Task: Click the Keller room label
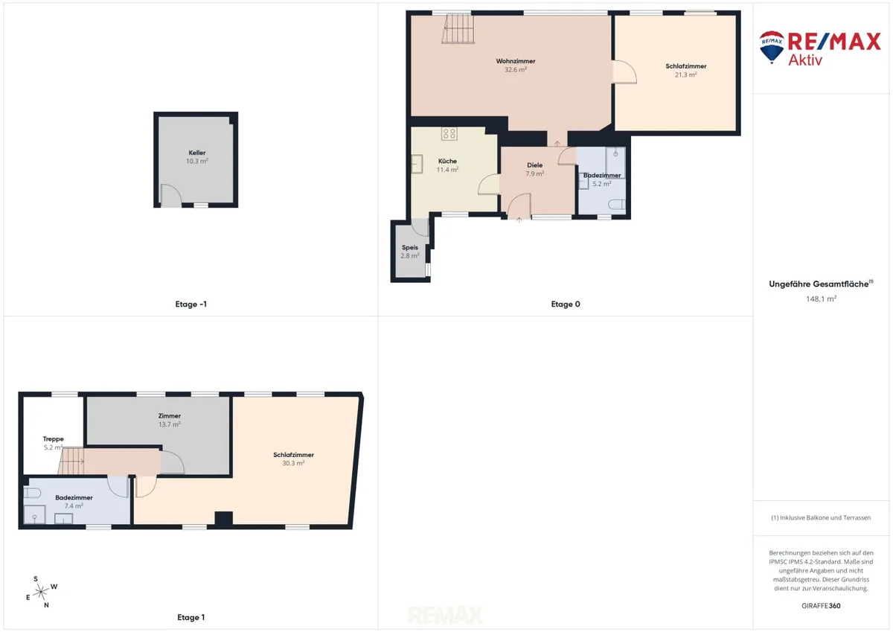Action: [x=197, y=153]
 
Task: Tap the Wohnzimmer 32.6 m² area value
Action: [x=516, y=70]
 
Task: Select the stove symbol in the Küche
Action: [x=449, y=133]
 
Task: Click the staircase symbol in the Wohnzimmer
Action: [x=458, y=28]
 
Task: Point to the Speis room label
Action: [x=410, y=247]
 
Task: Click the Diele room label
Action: [x=534, y=165]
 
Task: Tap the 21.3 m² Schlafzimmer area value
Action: [x=685, y=75]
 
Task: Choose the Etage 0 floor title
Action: [x=566, y=304]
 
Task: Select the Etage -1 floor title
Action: [x=191, y=304]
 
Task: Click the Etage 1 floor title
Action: [x=191, y=617]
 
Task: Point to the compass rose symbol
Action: [x=41, y=592]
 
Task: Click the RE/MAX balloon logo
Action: [x=772, y=47]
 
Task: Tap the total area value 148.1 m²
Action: [x=821, y=299]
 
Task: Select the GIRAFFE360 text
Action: [x=821, y=606]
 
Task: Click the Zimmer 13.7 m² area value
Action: [x=170, y=424]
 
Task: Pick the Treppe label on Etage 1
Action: [x=54, y=439]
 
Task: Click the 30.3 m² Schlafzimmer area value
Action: [x=293, y=463]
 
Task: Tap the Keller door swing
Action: [x=171, y=196]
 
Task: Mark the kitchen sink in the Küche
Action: [x=417, y=164]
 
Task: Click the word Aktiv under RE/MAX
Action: [x=805, y=60]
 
